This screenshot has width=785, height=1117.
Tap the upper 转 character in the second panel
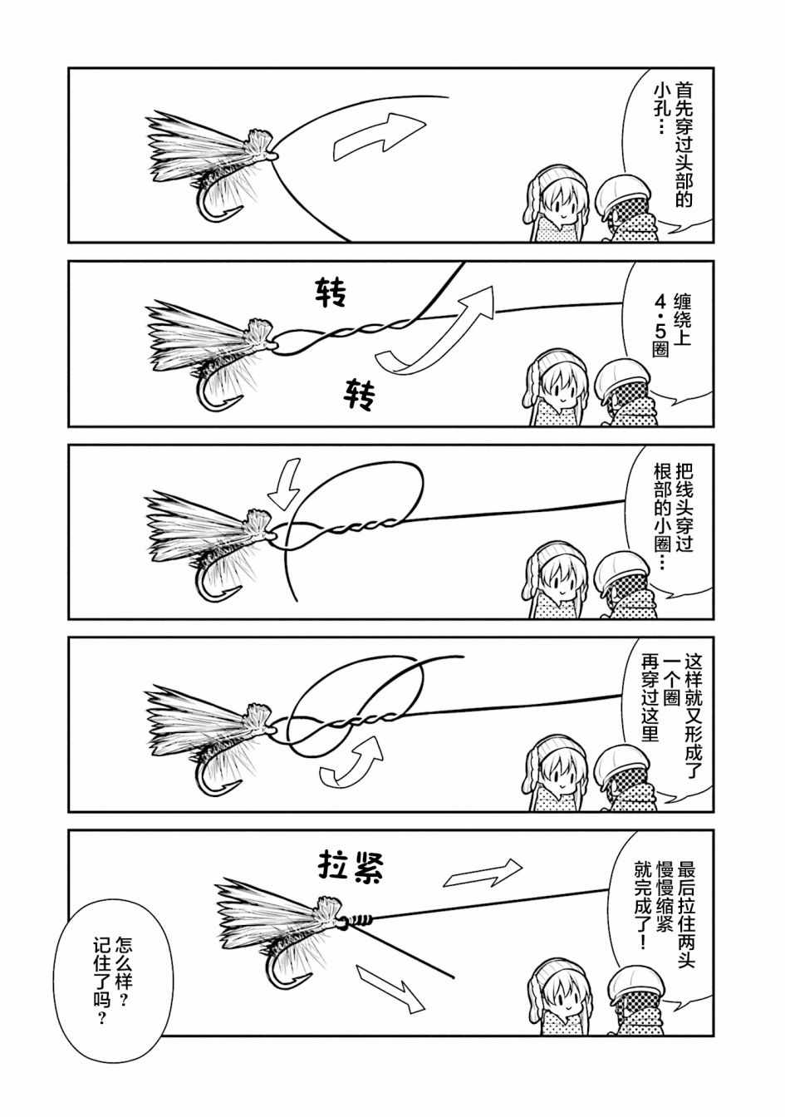331,293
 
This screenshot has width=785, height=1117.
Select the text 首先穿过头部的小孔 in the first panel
673,145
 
